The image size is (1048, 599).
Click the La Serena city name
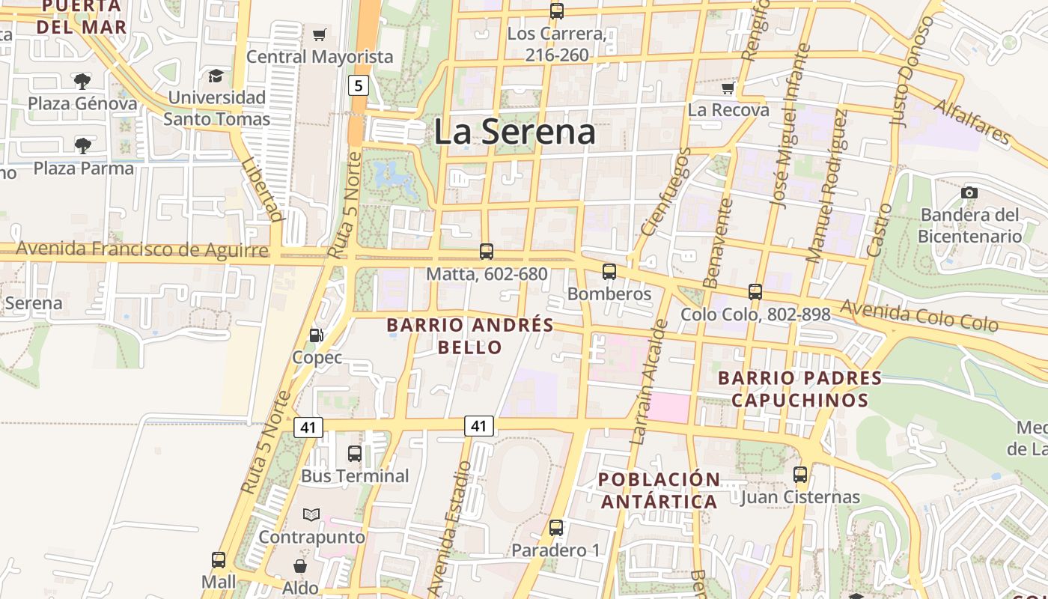515,133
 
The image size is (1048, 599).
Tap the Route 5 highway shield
359,85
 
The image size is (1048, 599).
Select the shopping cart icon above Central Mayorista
320,34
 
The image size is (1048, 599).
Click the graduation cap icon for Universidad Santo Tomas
216,76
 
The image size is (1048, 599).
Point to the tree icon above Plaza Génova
82,81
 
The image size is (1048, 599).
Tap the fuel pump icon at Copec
317,335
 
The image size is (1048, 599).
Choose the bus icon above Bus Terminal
355,453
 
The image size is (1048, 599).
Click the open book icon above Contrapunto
311,514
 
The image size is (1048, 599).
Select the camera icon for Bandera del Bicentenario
969,192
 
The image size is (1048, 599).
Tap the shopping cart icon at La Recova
728,88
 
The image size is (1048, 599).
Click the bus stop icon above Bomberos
609,271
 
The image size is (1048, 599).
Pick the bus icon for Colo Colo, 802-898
755,291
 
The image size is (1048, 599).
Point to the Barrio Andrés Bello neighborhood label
470,336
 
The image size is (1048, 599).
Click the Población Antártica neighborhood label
659,490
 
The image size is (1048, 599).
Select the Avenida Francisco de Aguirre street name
142,249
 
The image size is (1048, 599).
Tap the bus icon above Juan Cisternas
800,474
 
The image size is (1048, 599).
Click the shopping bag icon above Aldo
300,565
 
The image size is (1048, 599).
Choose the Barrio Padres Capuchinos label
799,389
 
